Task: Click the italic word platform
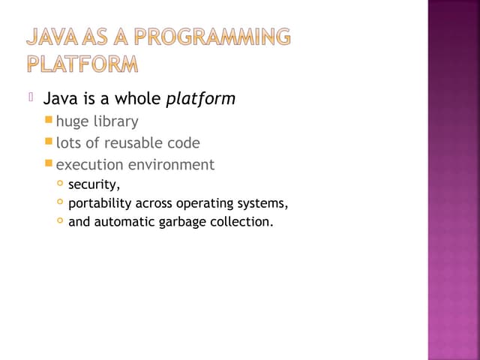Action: (200, 98)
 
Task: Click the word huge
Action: (72, 121)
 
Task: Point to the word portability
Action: (100, 203)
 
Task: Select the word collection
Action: (241, 222)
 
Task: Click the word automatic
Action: (125, 222)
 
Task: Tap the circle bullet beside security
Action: (60, 184)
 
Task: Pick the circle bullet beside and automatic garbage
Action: (60, 221)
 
